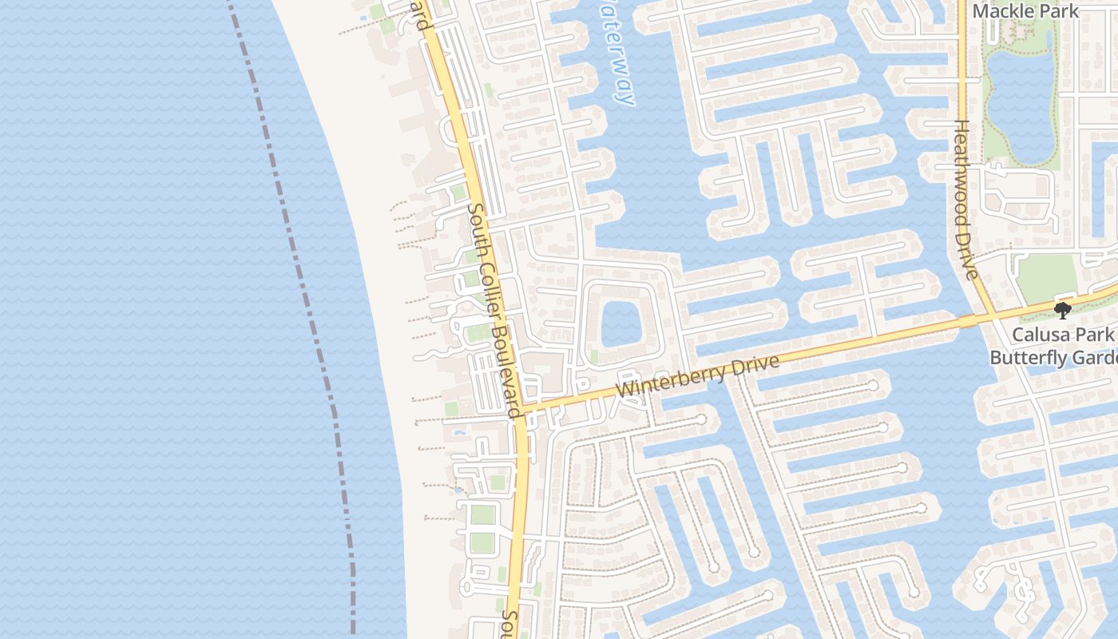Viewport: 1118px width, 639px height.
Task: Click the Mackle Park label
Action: coord(1026,11)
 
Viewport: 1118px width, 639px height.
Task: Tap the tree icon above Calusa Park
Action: coord(1062,310)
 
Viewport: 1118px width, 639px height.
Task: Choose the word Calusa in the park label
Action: coord(1039,335)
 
